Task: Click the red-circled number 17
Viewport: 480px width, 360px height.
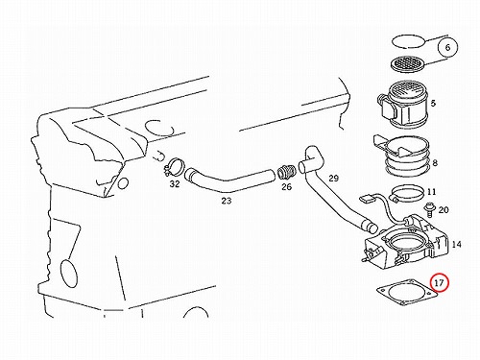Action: [x=440, y=282]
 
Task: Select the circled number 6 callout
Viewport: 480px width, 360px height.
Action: [x=447, y=47]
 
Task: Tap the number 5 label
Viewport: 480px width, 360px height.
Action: [x=433, y=104]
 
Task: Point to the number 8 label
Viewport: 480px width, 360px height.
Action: [x=435, y=163]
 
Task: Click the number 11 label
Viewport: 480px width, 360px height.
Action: [x=432, y=192]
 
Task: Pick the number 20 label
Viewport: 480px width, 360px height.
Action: [x=444, y=210]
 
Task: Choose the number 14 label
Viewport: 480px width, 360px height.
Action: [x=457, y=245]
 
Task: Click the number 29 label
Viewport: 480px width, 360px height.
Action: [x=333, y=178]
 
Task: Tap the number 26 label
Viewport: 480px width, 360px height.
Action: [x=286, y=186]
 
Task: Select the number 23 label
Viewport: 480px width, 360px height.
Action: [x=227, y=201]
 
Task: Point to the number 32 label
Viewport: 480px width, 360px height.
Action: [x=175, y=184]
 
